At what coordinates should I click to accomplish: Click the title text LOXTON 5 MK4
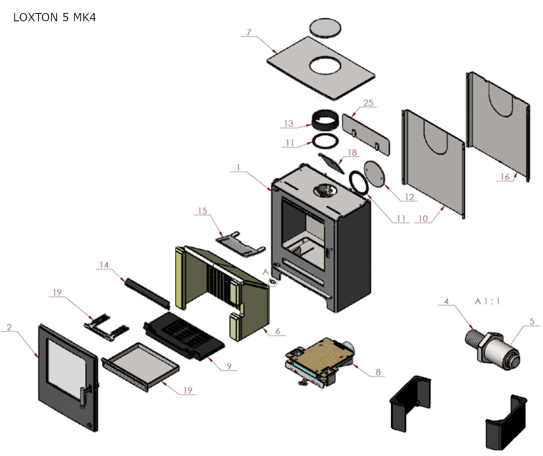54,17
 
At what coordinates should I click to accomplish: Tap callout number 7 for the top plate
248,32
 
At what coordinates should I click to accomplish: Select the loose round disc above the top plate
325,27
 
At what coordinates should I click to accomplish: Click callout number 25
368,103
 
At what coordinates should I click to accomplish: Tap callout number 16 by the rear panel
505,177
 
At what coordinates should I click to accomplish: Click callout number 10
423,218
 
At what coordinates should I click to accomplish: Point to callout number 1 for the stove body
238,167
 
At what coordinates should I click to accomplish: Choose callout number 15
202,211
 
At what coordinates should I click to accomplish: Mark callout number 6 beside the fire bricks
278,331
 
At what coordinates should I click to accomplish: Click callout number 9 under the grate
229,366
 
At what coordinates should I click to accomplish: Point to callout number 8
378,372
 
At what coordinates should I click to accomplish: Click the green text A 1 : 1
487,301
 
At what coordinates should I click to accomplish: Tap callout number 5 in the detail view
532,321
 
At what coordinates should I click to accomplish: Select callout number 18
352,152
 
